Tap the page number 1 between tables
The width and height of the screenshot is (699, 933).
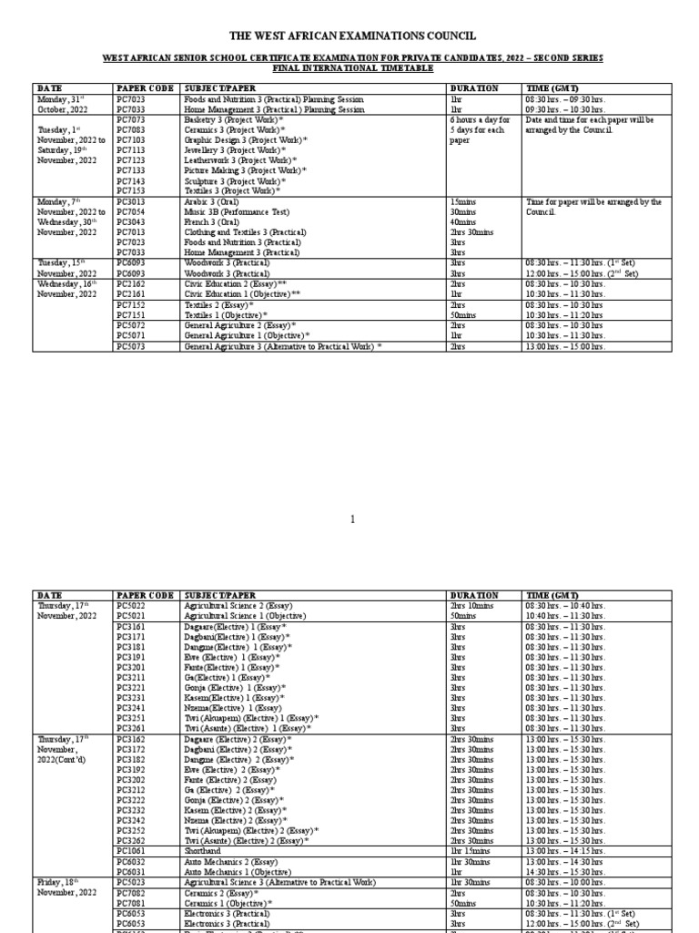point(351,520)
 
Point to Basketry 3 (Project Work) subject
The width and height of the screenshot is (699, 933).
point(235,120)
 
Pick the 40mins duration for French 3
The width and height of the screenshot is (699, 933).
point(463,222)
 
